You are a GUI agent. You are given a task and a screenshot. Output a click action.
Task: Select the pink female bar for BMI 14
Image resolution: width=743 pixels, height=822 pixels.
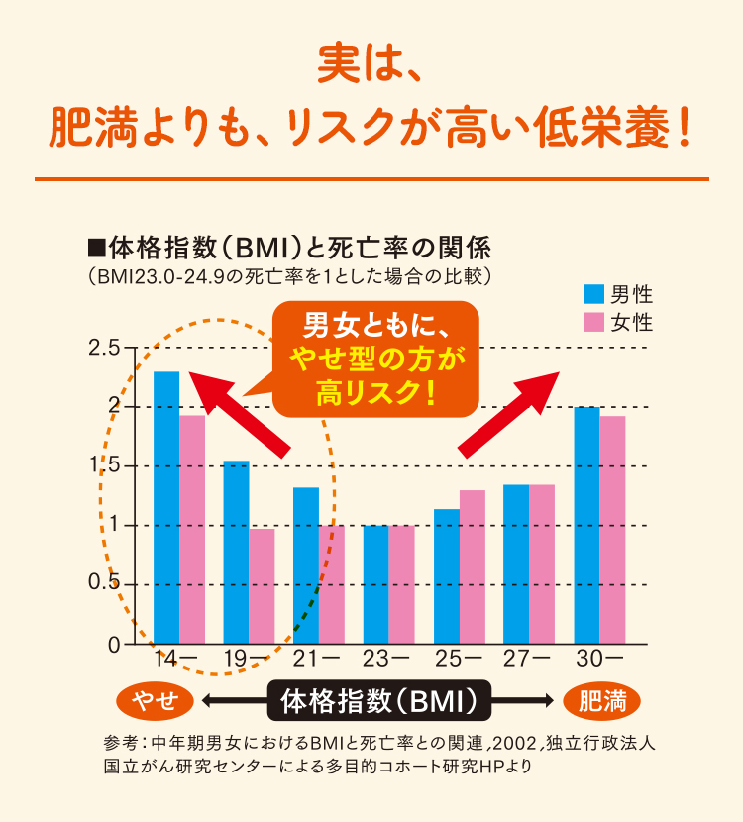(192, 529)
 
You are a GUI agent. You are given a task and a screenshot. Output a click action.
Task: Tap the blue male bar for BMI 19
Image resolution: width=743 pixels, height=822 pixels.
(236, 552)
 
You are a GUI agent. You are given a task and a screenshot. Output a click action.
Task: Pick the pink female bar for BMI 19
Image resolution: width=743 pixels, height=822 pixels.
(262, 586)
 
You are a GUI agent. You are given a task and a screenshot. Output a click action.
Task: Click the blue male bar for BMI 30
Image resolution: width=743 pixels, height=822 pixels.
(586, 525)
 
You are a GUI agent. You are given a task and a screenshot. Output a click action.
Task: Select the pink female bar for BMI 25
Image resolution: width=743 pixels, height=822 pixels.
(473, 566)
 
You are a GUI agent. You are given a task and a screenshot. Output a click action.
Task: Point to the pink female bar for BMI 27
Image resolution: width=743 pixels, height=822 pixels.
(542, 564)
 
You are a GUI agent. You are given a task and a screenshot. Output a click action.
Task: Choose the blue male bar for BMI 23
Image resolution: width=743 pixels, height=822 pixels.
(375, 584)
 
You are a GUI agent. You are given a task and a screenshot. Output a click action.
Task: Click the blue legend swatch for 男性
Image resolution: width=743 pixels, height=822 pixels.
(593, 294)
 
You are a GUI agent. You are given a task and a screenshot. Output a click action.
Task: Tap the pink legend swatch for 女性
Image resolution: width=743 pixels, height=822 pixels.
(593, 322)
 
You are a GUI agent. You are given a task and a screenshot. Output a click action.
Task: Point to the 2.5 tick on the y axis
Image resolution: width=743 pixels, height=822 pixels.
(104, 349)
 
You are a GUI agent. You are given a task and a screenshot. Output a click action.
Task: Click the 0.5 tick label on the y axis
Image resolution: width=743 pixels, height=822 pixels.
(104, 584)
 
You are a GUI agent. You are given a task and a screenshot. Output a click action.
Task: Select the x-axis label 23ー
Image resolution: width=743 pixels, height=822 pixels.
(387, 658)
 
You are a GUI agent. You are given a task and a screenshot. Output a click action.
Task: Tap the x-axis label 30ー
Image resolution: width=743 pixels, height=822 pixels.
(599, 658)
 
